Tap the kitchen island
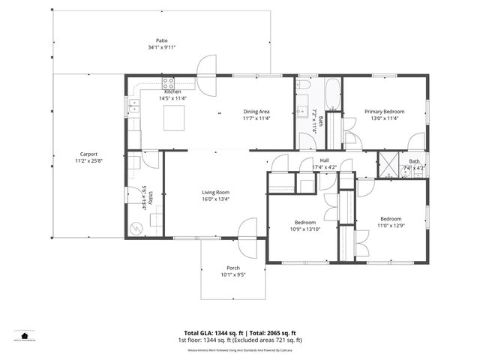coord(174,117)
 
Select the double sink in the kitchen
coord(136,106)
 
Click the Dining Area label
coord(256,112)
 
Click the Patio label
coord(162,40)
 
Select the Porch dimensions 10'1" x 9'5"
coord(233,275)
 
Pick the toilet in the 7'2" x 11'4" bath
coord(308,129)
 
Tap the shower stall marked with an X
coord(389,163)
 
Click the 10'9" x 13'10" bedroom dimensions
coord(304,229)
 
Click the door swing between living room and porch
coord(248,230)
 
